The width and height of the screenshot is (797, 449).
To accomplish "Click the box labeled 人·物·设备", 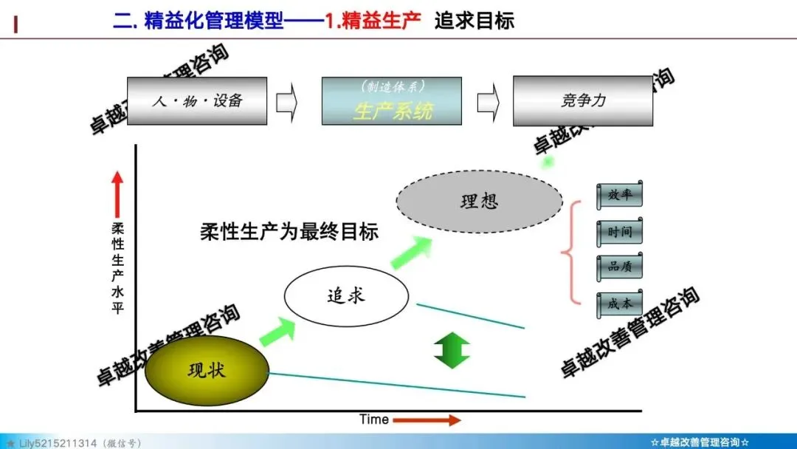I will [197, 101].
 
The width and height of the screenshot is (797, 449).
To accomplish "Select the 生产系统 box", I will [392, 101].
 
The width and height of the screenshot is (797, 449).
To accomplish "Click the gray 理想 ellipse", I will [479, 201].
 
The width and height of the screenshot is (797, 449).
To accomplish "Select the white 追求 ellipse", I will [346, 295].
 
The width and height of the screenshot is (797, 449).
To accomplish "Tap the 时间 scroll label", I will [620, 232].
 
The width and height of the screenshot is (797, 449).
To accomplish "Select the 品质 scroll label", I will [620, 267].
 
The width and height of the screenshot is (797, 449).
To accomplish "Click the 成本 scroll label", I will [620, 304].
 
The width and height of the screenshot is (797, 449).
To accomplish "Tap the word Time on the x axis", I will [374, 419].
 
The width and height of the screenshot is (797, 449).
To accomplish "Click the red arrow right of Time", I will [427, 420].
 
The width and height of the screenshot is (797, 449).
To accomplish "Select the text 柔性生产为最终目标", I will [289, 232].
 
